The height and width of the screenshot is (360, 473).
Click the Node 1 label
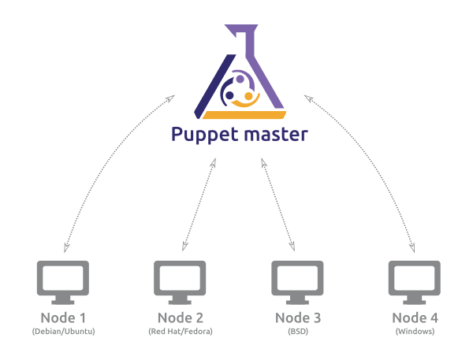pyautogui.click(x=63, y=318)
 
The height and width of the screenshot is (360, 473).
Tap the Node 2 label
pyautogui.click(x=180, y=318)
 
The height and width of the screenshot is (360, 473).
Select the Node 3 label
pyautogui.click(x=297, y=318)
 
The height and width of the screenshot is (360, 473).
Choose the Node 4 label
pyautogui.click(x=414, y=318)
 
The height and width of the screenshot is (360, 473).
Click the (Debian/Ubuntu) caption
pyautogui.click(x=63, y=332)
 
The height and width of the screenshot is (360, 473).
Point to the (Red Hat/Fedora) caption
pyautogui.click(x=180, y=332)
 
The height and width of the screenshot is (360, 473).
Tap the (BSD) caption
pyautogui.click(x=297, y=332)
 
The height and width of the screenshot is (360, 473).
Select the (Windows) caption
pyautogui.click(x=414, y=332)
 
